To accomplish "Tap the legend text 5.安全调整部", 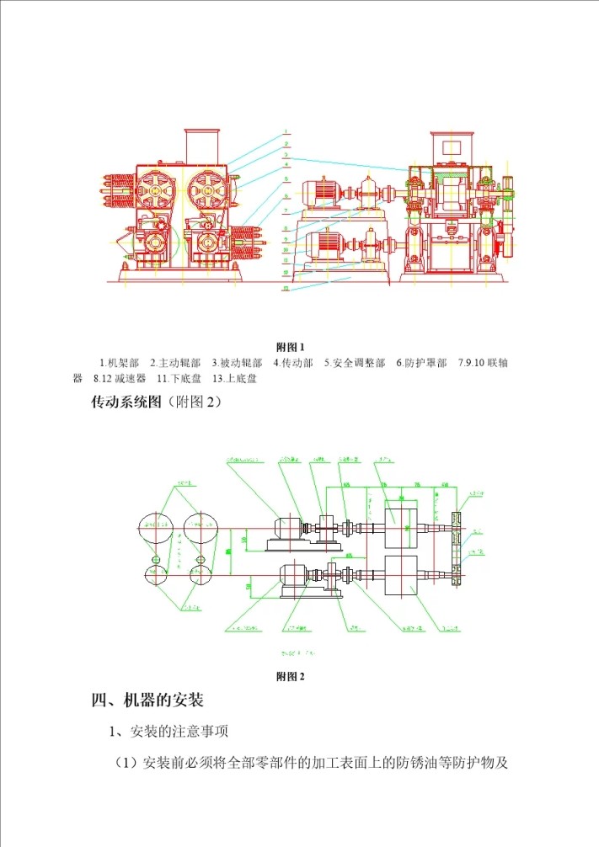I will [355, 364].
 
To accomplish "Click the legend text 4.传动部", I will [293, 364].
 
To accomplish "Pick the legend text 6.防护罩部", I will [421, 364].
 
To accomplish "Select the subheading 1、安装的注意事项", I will [171, 732].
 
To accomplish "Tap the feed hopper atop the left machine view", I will [201, 146].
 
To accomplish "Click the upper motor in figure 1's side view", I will [320, 193].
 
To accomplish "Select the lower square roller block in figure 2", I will [402, 575].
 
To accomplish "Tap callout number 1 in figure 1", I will [286, 132].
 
